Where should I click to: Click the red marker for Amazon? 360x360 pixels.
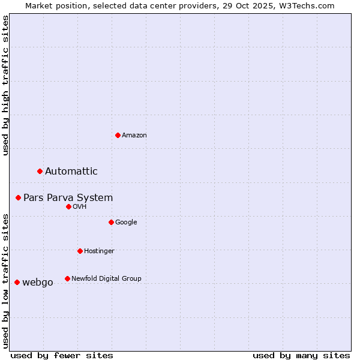pyautogui.click(x=118, y=135)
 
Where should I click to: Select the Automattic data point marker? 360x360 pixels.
pyautogui.click(x=40, y=171)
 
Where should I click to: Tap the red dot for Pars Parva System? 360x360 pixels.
pyautogui.click(x=19, y=197)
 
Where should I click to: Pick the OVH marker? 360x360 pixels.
pyautogui.click(x=68, y=206)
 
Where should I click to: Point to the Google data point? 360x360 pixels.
pyautogui.click(x=111, y=222)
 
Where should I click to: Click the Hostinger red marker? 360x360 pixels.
pyautogui.click(x=80, y=251)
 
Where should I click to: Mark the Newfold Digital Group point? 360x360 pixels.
pyautogui.click(x=67, y=278)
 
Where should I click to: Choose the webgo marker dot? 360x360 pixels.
pyautogui.click(x=17, y=282)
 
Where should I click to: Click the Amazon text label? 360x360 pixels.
pyautogui.click(x=134, y=136)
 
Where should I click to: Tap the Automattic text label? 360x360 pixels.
pyautogui.click(x=71, y=172)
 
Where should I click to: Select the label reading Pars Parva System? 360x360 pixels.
pyautogui.click(x=68, y=198)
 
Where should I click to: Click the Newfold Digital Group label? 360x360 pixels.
pyautogui.click(x=106, y=278)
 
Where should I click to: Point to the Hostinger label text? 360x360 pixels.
pyautogui.click(x=99, y=251)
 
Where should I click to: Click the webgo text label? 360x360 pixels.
pyautogui.click(x=38, y=283)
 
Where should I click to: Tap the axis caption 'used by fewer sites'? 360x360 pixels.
pyautogui.click(x=62, y=355)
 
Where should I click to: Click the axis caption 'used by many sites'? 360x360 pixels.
pyautogui.click(x=301, y=355)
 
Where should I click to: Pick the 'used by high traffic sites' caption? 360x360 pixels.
pyautogui.click(x=5, y=85)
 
